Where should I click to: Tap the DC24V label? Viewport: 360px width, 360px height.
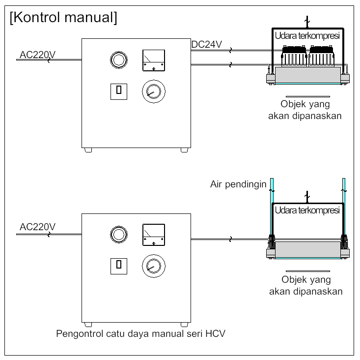(207, 45)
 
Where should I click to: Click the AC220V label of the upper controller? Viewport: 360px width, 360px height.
(38, 54)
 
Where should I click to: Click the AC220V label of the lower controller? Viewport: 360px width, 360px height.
(38, 227)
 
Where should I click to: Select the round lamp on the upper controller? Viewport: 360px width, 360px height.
(118, 60)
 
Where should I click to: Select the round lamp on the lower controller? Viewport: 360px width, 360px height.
(118, 233)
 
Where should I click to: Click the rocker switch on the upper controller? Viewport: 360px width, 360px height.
(118, 90)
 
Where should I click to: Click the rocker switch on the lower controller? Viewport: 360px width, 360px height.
(118, 264)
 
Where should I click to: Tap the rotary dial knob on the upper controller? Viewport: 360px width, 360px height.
(153, 91)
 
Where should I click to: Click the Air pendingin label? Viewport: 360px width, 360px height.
(238, 185)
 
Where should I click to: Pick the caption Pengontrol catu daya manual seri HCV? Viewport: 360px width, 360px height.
(141, 335)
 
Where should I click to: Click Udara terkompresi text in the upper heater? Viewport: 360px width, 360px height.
(307, 36)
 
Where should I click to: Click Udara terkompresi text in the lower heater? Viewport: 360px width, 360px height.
(307, 210)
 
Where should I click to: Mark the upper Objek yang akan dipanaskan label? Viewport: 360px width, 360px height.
(305, 110)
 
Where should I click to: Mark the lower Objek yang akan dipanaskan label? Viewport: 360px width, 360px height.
(305, 285)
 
